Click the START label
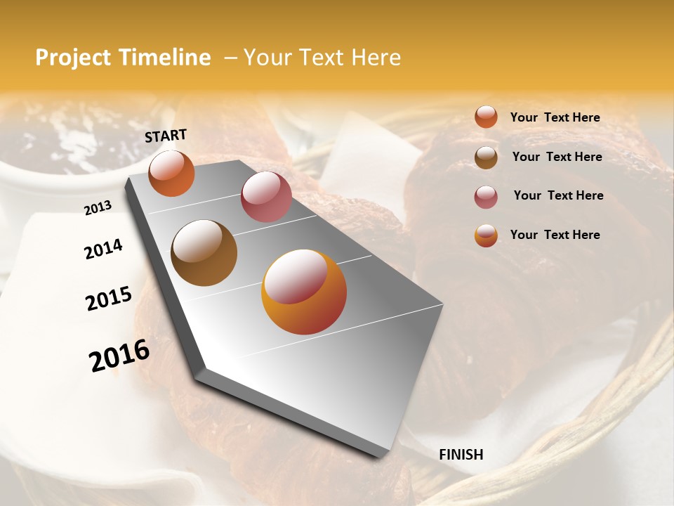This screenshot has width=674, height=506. (166, 136)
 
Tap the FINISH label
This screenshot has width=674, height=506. (461, 455)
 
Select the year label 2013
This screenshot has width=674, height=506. (98, 208)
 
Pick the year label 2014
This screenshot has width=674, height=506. (103, 249)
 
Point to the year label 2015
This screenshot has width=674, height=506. (109, 299)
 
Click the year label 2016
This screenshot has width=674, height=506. (119, 356)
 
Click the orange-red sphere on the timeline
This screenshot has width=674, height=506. (171, 173)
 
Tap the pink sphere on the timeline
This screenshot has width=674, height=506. (266, 197)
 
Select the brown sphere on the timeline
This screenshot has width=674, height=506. (204, 253)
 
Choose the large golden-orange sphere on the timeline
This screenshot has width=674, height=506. (304, 292)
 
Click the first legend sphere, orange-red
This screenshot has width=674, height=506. (486, 117)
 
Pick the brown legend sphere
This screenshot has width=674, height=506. (486, 157)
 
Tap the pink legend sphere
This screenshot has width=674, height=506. (486, 196)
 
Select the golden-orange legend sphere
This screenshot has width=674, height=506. (486, 235)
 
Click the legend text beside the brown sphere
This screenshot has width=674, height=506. (557, 157)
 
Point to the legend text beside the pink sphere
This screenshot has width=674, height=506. (558, 195)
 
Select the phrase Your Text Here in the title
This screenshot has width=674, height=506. (322, 58)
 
